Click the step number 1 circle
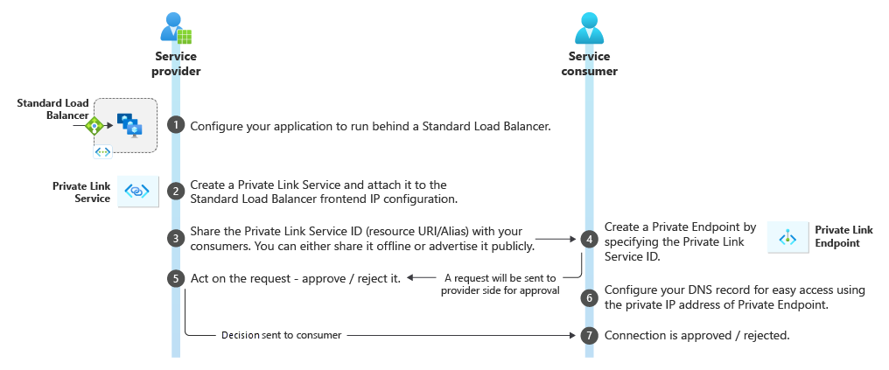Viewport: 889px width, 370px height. click(176, 125)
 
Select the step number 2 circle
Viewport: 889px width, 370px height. click(176, 191)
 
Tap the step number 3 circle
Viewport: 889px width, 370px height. click(176, 238)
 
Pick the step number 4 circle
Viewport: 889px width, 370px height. click(589, 238)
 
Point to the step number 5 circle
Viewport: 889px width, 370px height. click(176, 278)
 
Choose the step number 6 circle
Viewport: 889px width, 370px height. click(589, 297)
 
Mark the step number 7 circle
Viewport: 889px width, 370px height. click(589, 336)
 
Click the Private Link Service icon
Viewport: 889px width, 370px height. click(137, 191)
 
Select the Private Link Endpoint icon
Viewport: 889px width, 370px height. click(788, 237)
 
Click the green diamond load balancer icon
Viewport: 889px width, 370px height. click(94, 126)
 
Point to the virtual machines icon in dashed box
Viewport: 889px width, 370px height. click(130, 126)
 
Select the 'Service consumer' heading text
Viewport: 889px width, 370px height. click(588, 64)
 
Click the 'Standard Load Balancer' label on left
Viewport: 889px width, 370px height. click(52, 109)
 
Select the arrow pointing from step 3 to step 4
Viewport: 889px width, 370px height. click(555, 238)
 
